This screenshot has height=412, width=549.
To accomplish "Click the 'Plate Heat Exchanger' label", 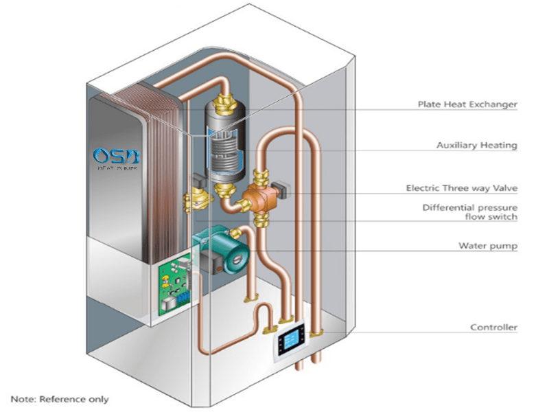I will click(x=467, y=104).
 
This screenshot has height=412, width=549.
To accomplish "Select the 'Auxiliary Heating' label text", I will click(x=476, y=146).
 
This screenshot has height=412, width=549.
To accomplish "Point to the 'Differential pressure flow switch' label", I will click(x=469, y=212).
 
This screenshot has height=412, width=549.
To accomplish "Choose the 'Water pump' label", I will click(x=487, y=245).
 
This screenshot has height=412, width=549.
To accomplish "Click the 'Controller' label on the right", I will click(x=493, y=328).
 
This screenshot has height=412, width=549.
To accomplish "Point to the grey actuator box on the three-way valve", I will click(x=283, y=186).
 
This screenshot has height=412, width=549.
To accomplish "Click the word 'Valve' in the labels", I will click(x=504, y=187).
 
